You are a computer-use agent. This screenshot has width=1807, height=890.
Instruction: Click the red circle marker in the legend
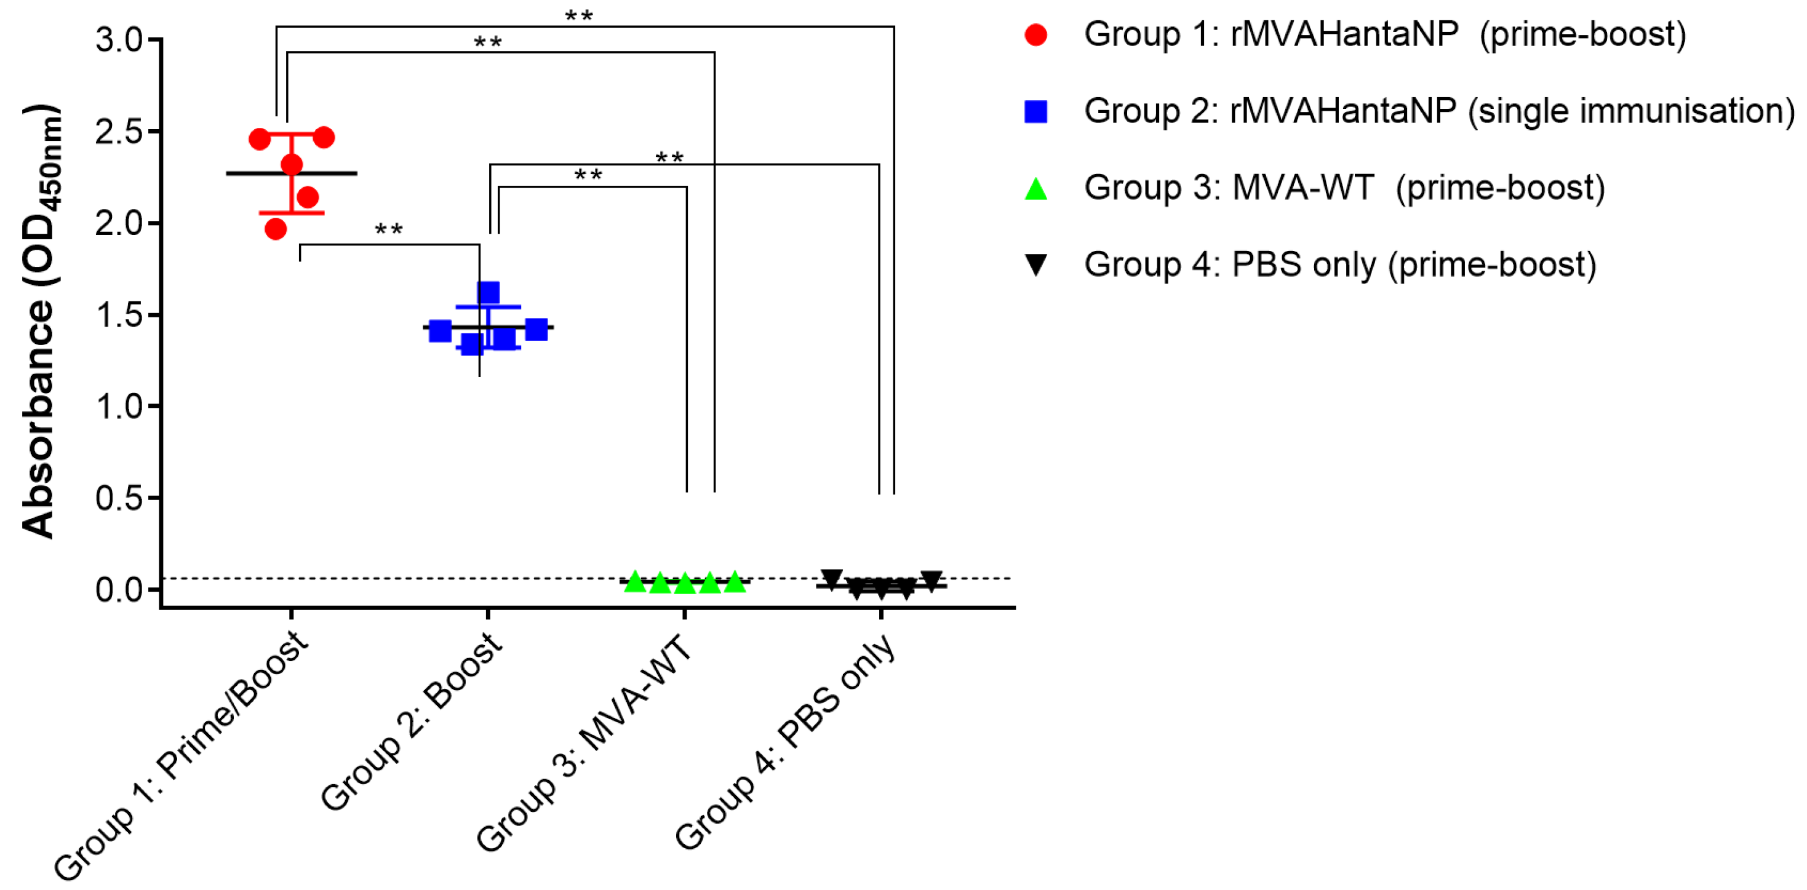(1035, 35)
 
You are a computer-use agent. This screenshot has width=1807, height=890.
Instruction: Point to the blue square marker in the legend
(1035, 111)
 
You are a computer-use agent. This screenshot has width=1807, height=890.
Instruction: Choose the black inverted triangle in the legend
(1035, 264)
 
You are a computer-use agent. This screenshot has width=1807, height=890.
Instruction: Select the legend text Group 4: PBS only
(1340, 264)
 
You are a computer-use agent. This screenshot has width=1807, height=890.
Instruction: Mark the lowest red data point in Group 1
(276, 229)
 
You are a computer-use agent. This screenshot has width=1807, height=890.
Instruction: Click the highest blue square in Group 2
(489, 292)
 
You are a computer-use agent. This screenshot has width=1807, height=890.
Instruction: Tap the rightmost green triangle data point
(735, 581)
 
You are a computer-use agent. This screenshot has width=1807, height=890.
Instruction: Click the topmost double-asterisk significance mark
(579, 15)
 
